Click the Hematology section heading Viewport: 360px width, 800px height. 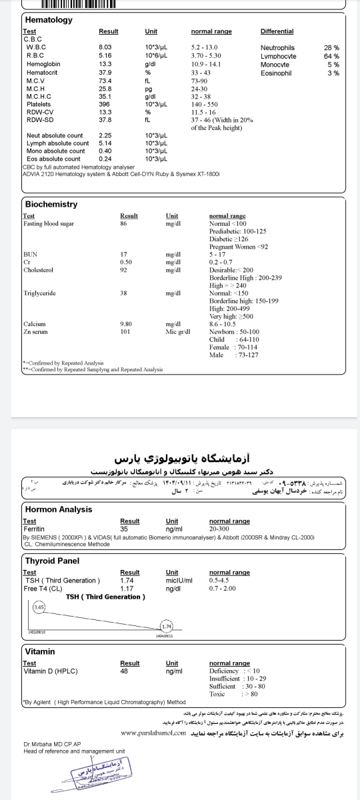coord(49,20)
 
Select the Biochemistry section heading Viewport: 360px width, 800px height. coord(51,204)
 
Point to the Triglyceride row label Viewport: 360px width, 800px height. coord(37,293)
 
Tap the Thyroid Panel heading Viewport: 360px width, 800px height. coord(52,561)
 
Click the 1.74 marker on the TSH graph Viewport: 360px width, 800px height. coord(167,626)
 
